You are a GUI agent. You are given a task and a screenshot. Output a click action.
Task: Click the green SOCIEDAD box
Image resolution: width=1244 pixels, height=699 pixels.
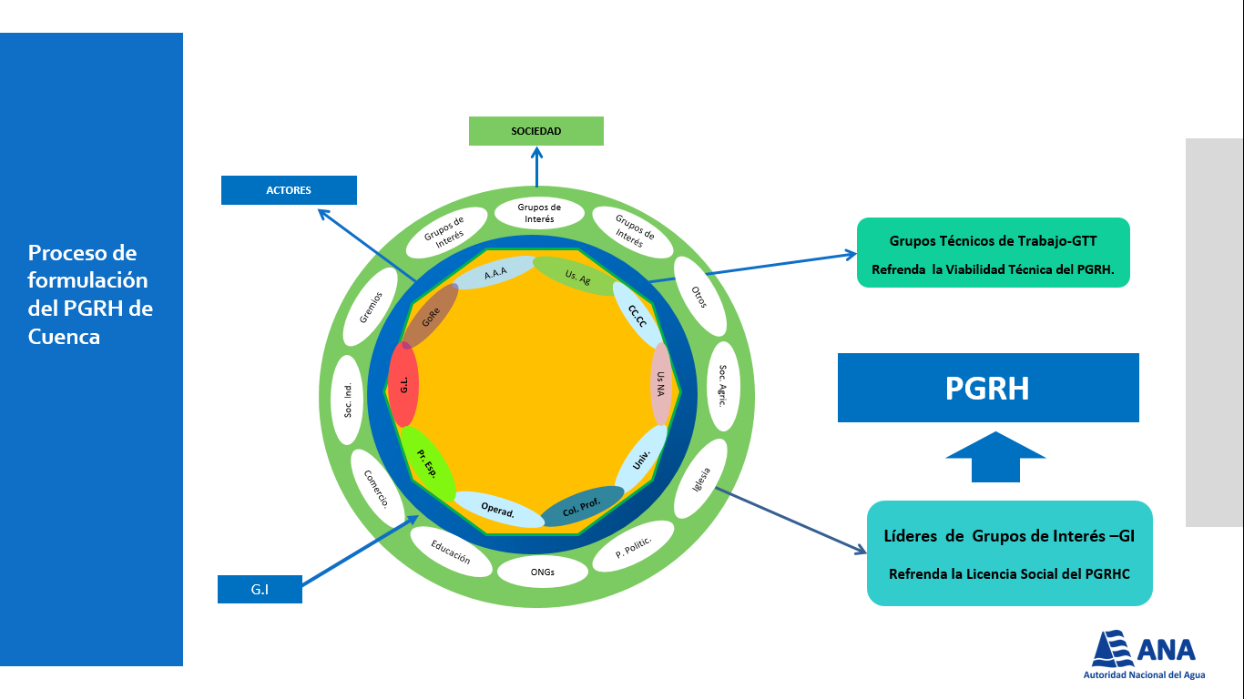[535, 131]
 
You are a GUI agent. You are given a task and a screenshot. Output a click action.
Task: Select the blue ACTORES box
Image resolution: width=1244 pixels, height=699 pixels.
[289, 190]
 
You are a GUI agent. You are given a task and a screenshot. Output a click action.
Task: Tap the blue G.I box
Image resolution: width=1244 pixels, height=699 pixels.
[260, 589]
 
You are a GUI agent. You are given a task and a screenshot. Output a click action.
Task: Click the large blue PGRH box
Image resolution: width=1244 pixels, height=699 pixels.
[988, 388]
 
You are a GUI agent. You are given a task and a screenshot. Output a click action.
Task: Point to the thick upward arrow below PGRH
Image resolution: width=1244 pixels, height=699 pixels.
[995, 457]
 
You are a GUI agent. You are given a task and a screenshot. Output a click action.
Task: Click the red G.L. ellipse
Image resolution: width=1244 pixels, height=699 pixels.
[403, 385]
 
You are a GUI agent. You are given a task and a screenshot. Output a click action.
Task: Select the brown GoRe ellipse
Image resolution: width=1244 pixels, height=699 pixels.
[430, 317]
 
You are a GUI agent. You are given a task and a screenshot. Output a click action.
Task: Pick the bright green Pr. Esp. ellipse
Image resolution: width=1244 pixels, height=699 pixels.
[428, 463]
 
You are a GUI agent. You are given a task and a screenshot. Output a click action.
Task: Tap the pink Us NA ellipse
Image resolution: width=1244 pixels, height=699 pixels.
[661, 384]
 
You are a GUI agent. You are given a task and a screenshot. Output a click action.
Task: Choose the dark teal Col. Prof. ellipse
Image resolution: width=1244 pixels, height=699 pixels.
[582, 506]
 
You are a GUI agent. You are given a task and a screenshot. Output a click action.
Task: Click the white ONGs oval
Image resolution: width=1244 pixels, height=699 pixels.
[543, 572]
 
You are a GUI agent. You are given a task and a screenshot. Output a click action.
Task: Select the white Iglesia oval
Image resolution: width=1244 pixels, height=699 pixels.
[701, 479]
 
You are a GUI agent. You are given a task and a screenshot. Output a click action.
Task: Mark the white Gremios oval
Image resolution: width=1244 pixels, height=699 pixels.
[371, 307]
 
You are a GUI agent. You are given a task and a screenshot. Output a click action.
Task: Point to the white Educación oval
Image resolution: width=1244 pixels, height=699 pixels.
[451, 552]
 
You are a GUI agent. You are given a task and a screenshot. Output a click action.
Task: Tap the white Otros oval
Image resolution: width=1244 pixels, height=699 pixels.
[699, 297]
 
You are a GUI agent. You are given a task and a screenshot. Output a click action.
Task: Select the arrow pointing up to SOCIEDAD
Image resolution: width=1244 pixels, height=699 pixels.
[536, 167]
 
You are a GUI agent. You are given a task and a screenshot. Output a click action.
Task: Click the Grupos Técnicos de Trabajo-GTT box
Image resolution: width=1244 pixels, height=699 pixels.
[994, 253]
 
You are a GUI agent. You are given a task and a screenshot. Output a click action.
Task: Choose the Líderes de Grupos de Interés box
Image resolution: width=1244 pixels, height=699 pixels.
[1010, 553]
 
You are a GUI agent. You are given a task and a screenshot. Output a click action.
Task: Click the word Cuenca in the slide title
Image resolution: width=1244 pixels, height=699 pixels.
[64, 337]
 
